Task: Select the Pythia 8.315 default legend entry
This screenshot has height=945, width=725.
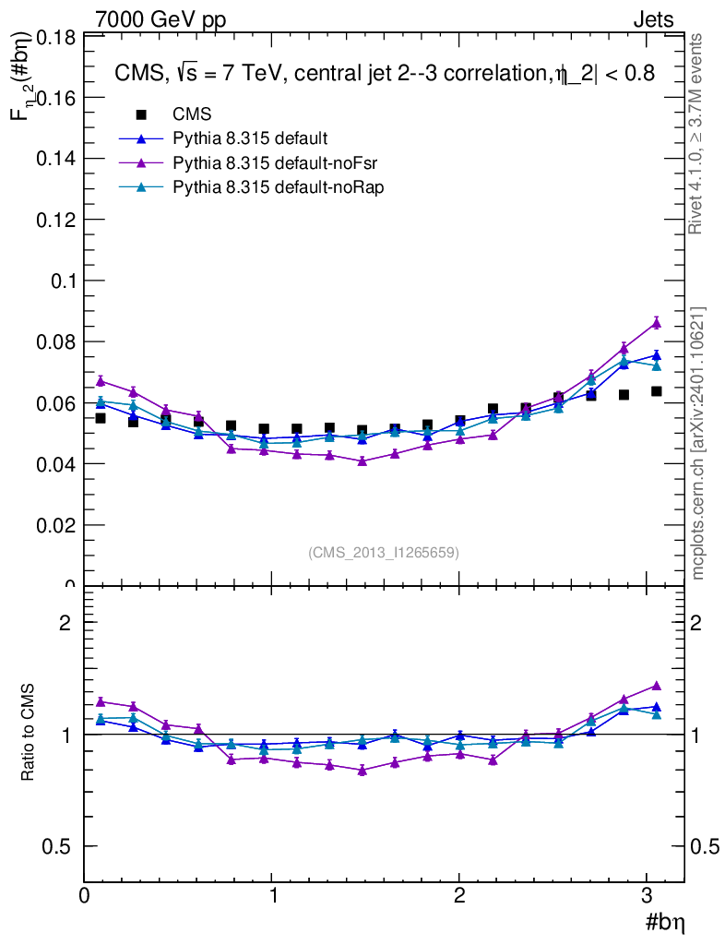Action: click(x=249, y=138)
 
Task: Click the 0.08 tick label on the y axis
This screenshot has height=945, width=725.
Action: click(x=54, y=341)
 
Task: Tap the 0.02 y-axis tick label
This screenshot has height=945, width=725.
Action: click(x=54, y=525)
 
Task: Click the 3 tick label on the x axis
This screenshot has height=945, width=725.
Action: click(x=648, y=896)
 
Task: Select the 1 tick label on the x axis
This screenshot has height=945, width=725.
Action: click(x=272, y=896)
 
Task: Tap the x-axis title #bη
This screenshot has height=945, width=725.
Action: click(x=663, y=922)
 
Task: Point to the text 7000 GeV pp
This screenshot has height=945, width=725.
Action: click(x=160, y=19)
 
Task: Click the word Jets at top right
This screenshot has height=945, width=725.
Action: click(x=653, y=19)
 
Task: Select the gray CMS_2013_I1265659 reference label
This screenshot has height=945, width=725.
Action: click(x=384, y=552)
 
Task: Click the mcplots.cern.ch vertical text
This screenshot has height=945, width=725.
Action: click(x=698, y=443)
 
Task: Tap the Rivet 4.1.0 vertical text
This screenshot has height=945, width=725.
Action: click(x=698, y=134)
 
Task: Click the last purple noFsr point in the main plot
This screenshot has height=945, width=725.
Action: click(x=656, y=322)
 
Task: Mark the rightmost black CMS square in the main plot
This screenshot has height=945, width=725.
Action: click(x=656, y=391)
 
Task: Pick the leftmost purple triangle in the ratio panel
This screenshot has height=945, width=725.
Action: click(x=101, y=701)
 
